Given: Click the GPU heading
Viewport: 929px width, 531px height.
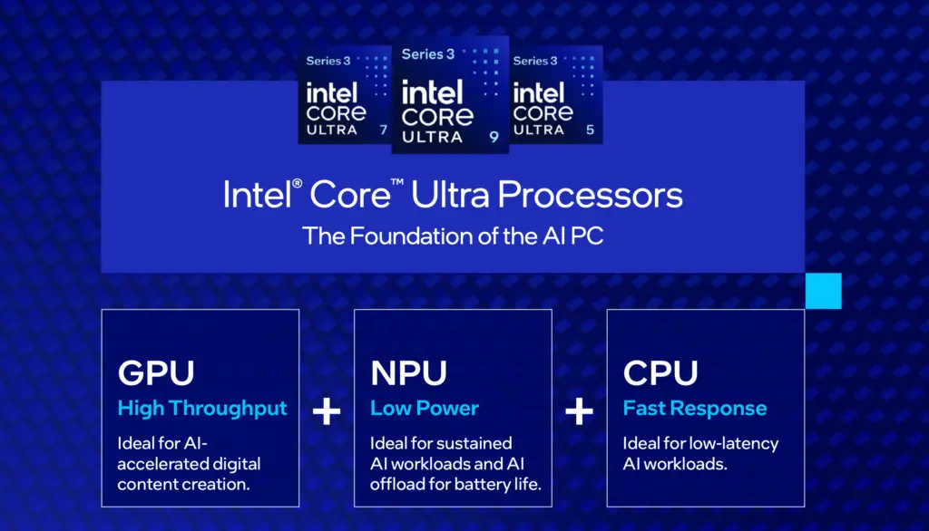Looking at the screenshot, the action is click(x=156, y=373).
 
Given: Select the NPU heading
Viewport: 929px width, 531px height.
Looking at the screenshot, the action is click(x=409, y=373).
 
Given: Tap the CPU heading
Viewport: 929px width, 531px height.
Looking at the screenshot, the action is click(x=660, y=373).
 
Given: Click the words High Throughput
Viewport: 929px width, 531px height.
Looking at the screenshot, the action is click(x=202, y=409).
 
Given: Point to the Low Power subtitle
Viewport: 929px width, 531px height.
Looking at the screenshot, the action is click(x=425, y=408).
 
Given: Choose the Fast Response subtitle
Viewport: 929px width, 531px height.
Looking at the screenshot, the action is click(x=695, y=409).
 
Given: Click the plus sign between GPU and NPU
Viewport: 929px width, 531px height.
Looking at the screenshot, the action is click(x=327, y=411).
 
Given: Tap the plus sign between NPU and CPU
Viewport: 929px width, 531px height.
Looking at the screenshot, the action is click(x=580, y=411).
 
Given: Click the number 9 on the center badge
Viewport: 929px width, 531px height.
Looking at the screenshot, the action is click(x=494, y=138).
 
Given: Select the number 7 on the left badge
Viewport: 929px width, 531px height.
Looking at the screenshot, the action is click(x=384, y=130).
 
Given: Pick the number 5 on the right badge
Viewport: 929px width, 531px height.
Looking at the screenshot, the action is click(x=590, y=130).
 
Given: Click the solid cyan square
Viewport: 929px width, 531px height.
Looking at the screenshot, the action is click(x=824, y=291).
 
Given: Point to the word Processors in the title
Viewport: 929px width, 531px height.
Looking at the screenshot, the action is click(x=590, y=196).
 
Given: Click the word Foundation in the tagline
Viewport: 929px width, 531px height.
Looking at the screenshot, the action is click(x=413, y=237).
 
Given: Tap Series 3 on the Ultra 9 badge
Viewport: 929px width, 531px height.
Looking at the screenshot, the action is click(x=428, y=54).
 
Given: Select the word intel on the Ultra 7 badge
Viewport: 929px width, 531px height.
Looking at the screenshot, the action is click(x=332, y=93).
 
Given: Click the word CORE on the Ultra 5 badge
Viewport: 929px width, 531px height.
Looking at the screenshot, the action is click(x=543, y=113).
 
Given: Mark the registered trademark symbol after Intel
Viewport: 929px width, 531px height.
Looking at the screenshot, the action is click(x=298, y=184).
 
